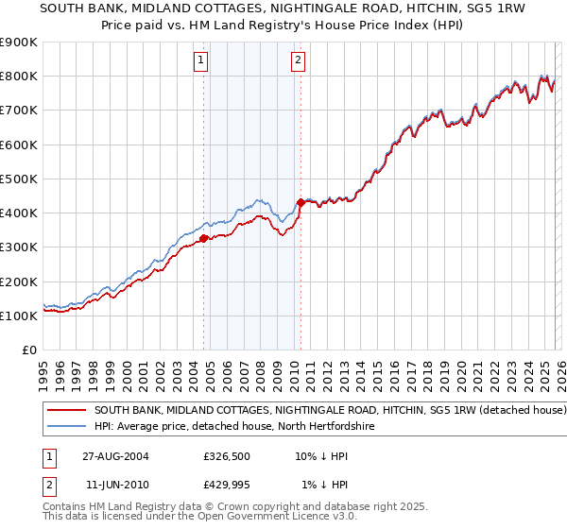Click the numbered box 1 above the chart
coord(202,61)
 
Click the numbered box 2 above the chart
coord(298,61)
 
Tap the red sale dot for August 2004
coord(204,238)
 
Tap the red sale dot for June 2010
coord(301,202)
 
